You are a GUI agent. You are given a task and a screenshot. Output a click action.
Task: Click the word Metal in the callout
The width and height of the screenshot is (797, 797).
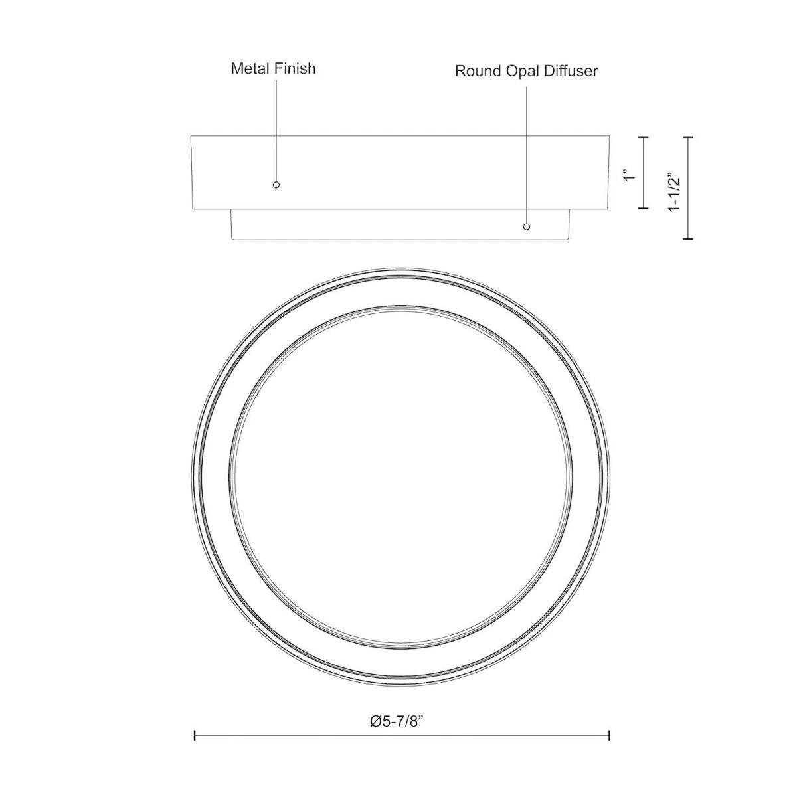251,68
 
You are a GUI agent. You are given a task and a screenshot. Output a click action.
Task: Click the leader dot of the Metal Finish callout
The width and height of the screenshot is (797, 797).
276,185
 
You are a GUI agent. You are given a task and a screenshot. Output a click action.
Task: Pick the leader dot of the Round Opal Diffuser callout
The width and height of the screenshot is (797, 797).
527,227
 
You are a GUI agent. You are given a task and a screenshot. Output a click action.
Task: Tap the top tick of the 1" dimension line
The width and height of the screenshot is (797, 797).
644,137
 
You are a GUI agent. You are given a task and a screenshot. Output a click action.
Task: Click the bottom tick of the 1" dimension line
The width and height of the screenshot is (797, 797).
644,208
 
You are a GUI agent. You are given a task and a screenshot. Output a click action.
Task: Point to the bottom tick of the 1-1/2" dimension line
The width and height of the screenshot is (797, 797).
688,238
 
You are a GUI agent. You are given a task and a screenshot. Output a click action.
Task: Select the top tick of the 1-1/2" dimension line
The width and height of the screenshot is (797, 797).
688,137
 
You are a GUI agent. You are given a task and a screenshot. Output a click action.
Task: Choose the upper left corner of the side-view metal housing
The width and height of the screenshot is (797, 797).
191,137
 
